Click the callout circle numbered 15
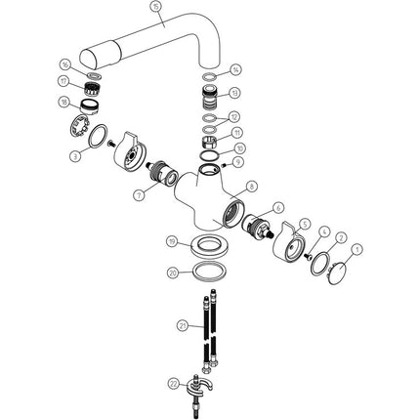coord(155,7)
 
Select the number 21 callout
coord(183,325)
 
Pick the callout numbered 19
coord(171,241)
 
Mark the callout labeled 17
coord(63,82)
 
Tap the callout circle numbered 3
coord(75,154)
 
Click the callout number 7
coord(138,196)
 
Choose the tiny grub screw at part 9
coord(225,165)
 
